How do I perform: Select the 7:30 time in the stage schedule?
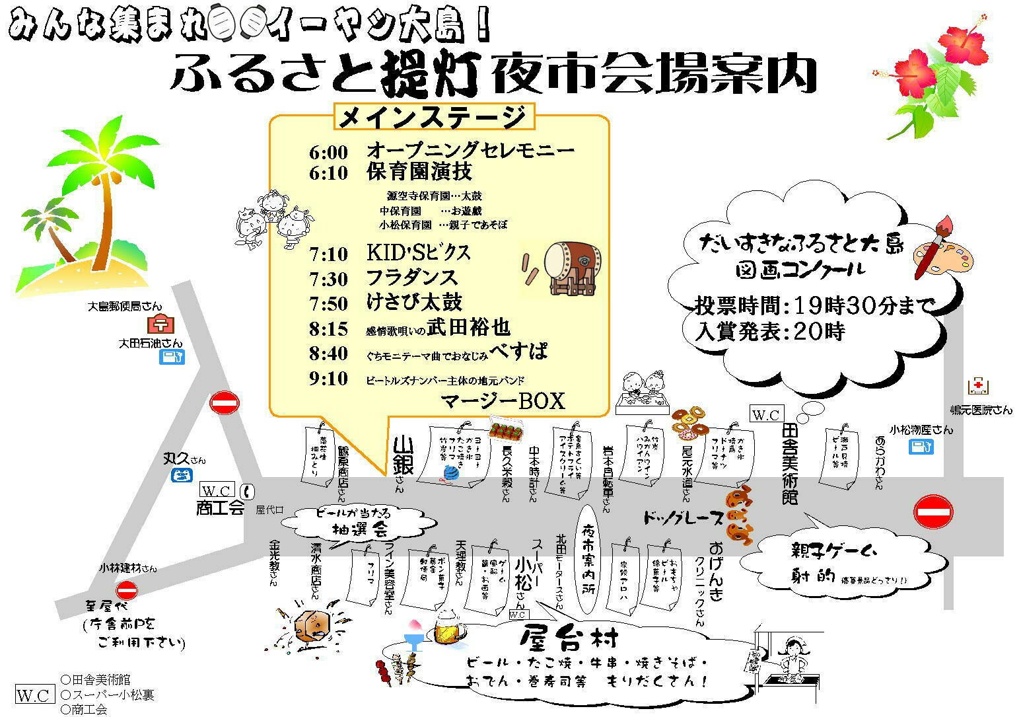(x=328, y=278)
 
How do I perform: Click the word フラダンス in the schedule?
(x=411, y=278)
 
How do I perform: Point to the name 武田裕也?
(x=469, y=327)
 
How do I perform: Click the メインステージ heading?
(x=433, y=117)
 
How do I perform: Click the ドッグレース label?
(x=684, y=519)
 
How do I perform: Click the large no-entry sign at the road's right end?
(x=934, y=511)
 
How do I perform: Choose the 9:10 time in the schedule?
(x=328, y=379)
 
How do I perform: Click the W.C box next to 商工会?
(x=217, y=491)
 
